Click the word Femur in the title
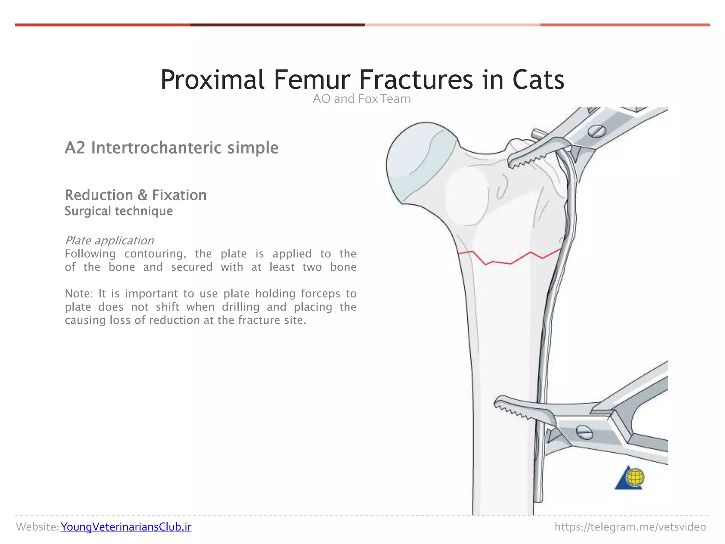[x=312, y=80]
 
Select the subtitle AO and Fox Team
[x=361, y=99]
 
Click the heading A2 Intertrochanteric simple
[x=171, y=148]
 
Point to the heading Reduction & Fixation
[x=136, y=195]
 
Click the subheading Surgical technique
[x=119, y=211]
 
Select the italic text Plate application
[x=109, y=240]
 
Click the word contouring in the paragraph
[x=155, y=254]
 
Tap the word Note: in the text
[x=79, y=294]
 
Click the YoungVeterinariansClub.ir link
[x=126, y=527]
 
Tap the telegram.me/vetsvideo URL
[x=630, y=527]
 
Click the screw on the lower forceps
[x=584, y=432]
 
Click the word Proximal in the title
[x=212, y=80]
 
